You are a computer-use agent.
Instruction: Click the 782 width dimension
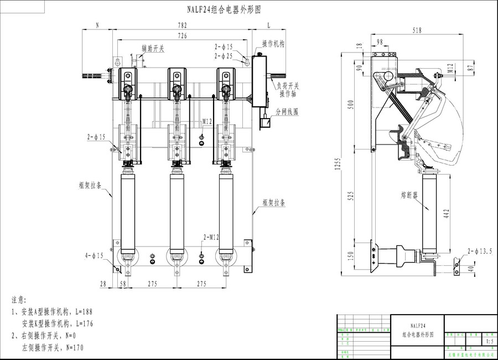(182, 25)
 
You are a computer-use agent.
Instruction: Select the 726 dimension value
(182, 35)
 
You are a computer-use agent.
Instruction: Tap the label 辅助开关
(153, 49)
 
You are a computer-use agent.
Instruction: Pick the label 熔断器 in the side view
(410, 196)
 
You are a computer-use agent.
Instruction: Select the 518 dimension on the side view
(425, 30)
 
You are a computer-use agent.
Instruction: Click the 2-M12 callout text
(211, 237)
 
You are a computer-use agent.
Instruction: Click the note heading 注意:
(19, 300)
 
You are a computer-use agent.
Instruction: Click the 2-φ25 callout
(224, 56)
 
